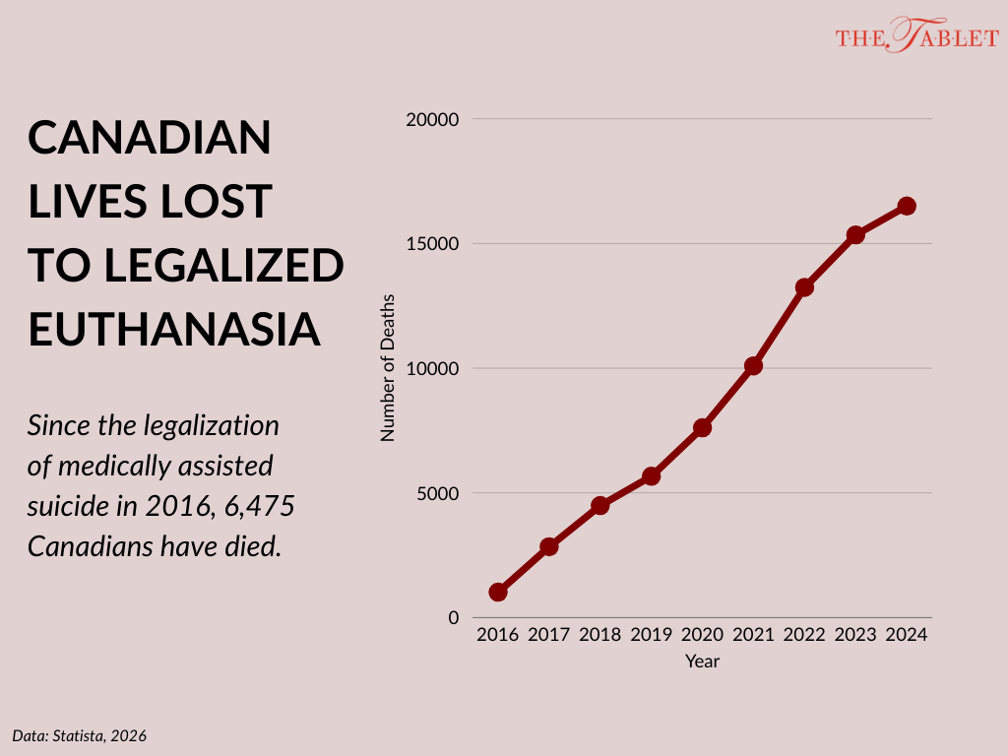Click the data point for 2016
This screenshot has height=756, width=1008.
tap(498, 593)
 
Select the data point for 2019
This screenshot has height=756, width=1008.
tap(651, 476)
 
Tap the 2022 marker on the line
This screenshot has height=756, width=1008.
tap(804, 287)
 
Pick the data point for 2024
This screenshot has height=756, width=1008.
tap(907, 206)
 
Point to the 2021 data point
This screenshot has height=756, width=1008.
tap(753, 366)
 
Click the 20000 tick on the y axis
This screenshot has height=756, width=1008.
tap(433, 119)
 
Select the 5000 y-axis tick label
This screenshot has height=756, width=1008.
tap(438, 493)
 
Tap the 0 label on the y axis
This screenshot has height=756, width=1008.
tap(453, 617)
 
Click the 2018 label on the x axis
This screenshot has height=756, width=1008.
tap(599, 635)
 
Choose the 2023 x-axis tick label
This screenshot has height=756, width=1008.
tap(855, 635)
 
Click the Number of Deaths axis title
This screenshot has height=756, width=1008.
tap(388, 367)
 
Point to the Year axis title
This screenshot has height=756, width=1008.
tap(702, 661)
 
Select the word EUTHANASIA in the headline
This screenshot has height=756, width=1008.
tap(175, 328)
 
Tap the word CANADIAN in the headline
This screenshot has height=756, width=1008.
tap(150, 138)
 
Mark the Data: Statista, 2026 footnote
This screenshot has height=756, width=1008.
tap(80, 735)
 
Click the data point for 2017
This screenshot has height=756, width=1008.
tap(549, 546)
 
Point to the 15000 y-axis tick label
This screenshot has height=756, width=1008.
tap(433, 244)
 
